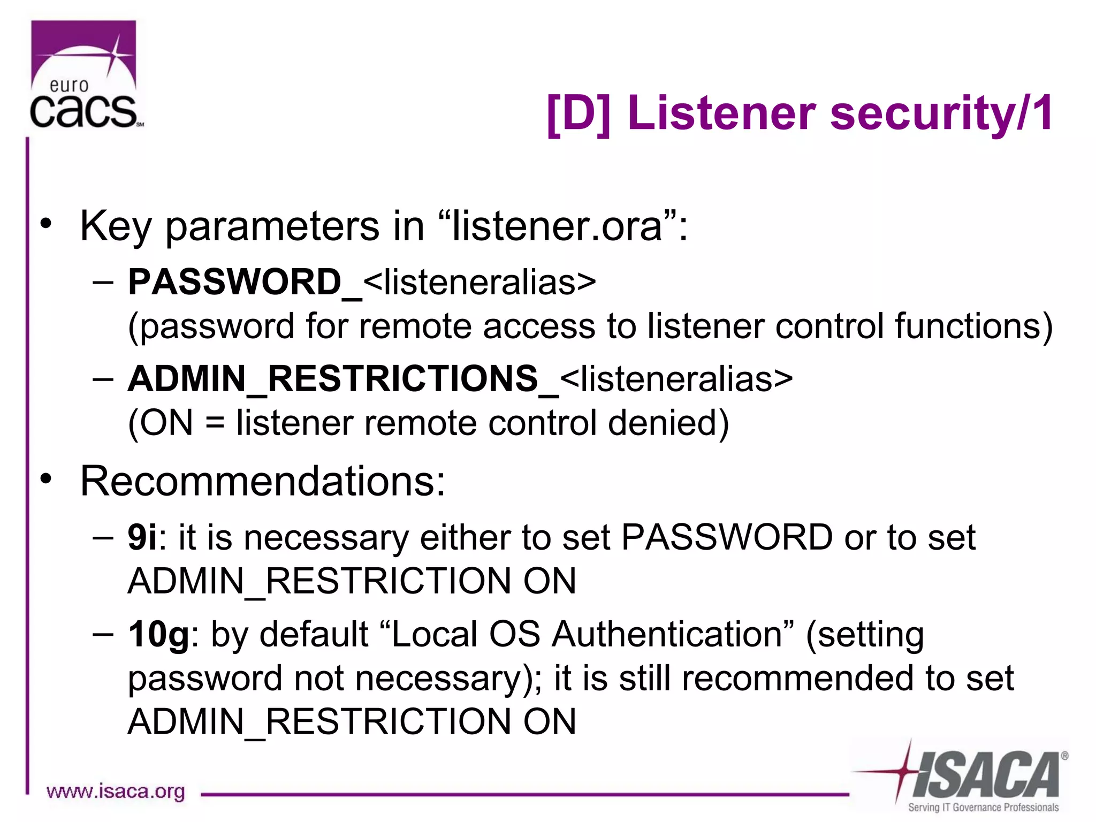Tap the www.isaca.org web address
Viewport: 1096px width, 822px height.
[116, 791]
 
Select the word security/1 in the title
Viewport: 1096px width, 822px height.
[941, 113]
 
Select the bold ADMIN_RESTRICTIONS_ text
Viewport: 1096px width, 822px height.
[343, 379]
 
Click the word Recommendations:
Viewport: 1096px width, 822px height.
[262, 481]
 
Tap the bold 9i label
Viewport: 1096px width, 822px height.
[142, 537]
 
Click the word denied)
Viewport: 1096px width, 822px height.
[668, 423]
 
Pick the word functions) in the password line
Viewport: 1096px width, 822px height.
[973, 326]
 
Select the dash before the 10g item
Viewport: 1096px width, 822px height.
[103, 634]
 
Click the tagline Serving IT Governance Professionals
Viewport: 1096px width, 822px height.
[983, 807]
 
